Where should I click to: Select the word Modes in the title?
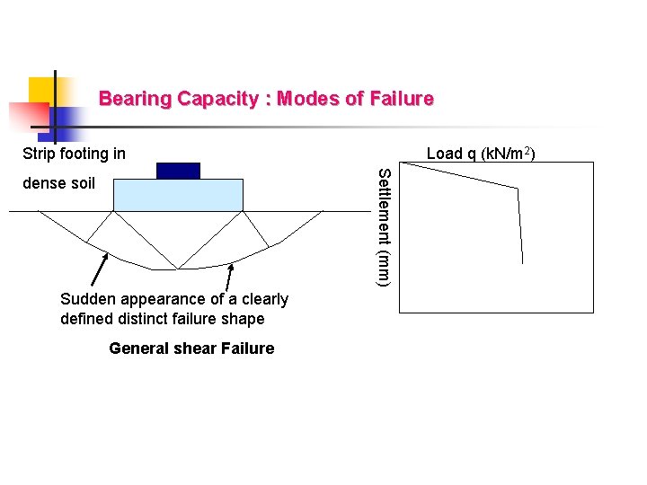(x=308, y=99)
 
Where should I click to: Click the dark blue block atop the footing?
(x=178, y=171)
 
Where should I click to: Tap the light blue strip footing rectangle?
(x=178, y=194)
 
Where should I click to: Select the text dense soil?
(x=58, y=183)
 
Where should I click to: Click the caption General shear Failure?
(x=191, y=348)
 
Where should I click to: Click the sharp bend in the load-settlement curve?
(x=518, y=189)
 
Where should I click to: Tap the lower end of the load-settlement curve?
(x=522, y=262)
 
